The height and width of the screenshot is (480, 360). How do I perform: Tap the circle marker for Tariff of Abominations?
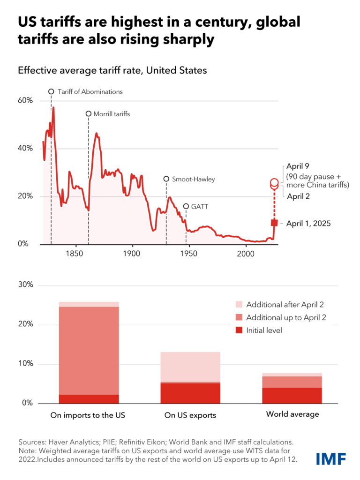51,91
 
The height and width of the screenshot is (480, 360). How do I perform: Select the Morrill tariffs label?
112,114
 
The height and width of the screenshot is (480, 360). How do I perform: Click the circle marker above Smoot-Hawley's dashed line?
166,179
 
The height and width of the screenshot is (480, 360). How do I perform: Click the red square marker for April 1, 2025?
274,223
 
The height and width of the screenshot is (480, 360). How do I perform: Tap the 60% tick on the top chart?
25,101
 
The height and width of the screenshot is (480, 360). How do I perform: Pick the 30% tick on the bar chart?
25,285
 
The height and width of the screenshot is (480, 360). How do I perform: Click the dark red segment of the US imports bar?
88,399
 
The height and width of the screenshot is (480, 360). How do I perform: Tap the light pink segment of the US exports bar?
190,367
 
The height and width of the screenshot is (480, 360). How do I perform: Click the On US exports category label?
190,415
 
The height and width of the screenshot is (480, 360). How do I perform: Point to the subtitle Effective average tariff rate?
112,71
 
